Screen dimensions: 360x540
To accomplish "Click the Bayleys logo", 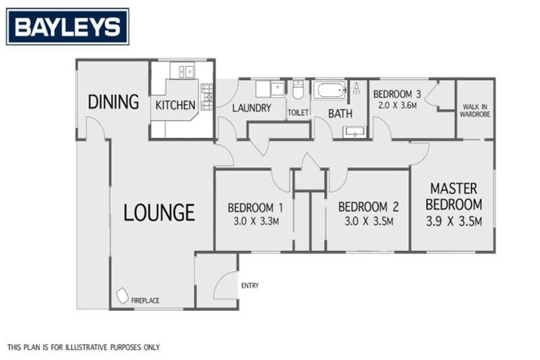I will [67, 27].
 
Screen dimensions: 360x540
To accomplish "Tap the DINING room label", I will [113, 102].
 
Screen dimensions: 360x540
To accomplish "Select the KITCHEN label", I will [175, 105].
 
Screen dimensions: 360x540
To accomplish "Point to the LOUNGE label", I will [159, 212].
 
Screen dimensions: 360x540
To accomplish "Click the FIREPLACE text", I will [145, 301].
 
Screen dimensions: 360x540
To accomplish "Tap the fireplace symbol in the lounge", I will [122, 297].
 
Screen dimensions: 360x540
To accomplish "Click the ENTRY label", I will [250, 285].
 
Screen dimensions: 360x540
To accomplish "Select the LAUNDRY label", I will [251, 108].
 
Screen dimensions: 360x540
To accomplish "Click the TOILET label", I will [298, 112].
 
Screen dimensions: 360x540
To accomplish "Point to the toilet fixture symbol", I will [298, 91].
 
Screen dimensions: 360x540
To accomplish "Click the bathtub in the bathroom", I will [329, 91].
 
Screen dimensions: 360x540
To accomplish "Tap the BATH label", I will [340, 112].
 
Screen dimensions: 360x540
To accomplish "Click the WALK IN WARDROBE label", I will [475, 110].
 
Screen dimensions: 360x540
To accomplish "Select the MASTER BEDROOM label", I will [454, 197].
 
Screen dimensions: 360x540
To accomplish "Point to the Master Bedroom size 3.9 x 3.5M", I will [454, 222].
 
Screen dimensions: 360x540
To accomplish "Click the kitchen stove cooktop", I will [207, 97].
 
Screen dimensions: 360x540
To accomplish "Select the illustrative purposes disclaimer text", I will [84, 347].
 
